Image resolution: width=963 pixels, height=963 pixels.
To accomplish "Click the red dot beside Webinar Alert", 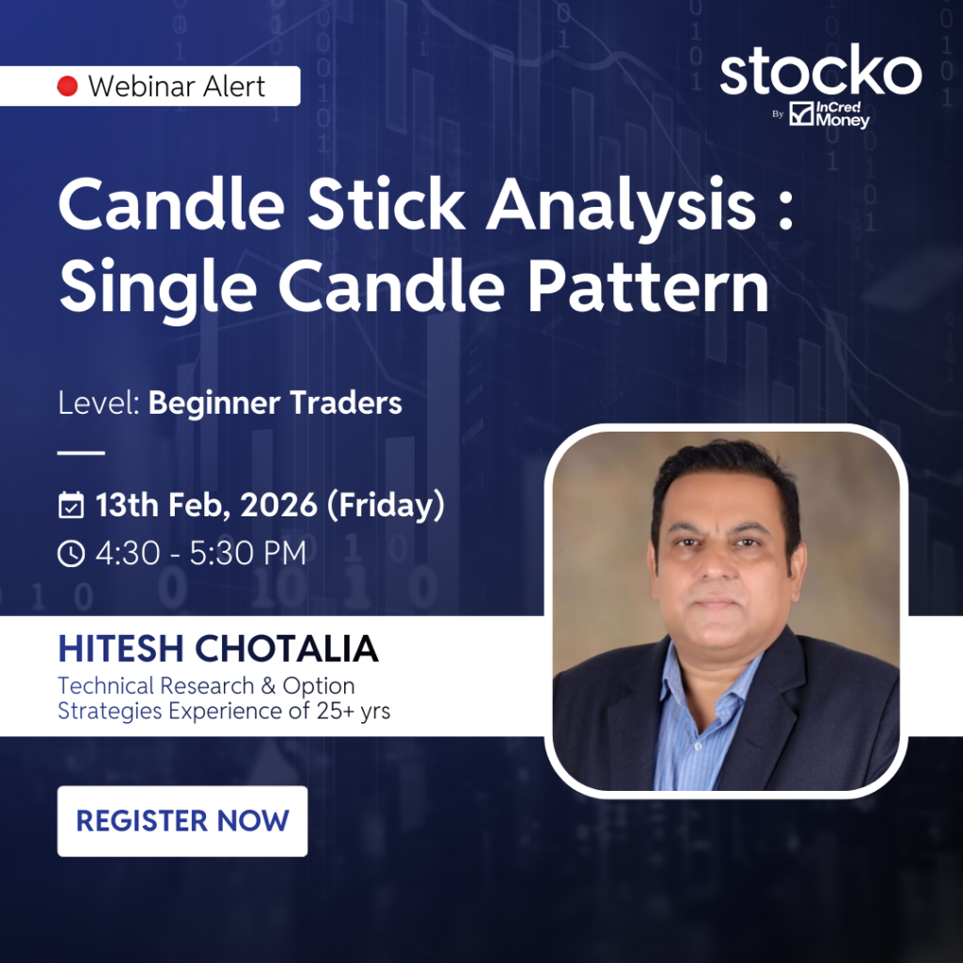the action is click(68, 86).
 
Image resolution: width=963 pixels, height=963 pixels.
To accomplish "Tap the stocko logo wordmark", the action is click(820, 70).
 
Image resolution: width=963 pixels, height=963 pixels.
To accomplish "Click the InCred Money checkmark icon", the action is click(801, 114).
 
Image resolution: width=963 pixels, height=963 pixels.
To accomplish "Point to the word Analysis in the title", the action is click(621, 207).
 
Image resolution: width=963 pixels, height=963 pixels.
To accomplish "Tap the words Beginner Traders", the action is click(276, 403).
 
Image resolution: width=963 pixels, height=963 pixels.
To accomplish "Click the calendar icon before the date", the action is click(71, 505).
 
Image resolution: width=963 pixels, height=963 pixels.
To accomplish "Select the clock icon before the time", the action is click(71, 553).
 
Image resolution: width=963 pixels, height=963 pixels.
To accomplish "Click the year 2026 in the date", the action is click(278, 505).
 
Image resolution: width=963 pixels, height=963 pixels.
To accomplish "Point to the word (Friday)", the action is click(386, 505).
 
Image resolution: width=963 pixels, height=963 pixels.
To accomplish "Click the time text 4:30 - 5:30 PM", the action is click(201, 553).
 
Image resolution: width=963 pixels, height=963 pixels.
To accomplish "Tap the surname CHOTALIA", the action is click(286, 649).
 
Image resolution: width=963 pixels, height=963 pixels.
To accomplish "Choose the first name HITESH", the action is click(121, 649).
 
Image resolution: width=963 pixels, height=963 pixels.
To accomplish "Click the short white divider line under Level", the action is click(81, 452).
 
